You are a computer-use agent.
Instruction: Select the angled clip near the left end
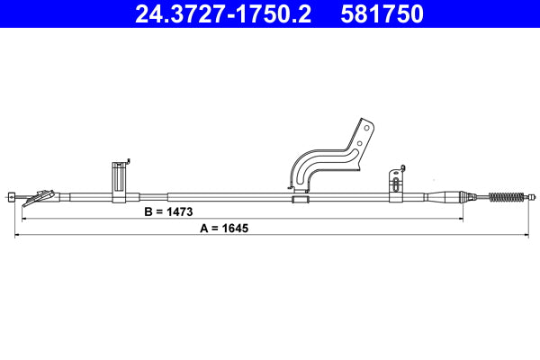[40, 195]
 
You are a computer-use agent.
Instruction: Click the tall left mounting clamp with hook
[119, 182]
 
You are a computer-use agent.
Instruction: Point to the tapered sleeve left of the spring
[445, 196]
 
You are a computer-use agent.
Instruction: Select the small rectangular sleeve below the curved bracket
[300, 196]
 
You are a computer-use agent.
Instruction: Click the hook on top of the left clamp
[129, 162]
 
